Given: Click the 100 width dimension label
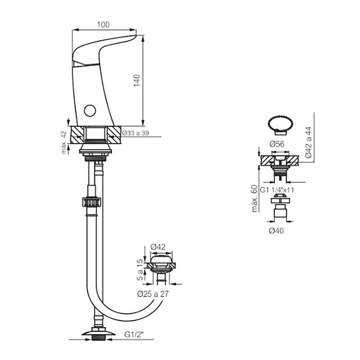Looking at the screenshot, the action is tap(103, 25).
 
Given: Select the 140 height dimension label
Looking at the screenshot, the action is tap(137, 81).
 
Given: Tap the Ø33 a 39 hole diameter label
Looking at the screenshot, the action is tap(135, 133).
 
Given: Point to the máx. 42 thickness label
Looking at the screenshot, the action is tap(64, 142).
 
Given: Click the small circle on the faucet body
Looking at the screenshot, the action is tap(90, 111).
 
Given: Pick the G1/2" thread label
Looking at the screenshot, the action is tap(134, 334).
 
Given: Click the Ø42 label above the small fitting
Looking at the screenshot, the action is tap(158, 247).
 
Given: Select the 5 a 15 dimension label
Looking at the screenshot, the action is tap(140, 270).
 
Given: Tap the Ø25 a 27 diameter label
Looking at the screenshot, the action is tap(153, 294).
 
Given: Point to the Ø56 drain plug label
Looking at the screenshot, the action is tap(277, 144).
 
